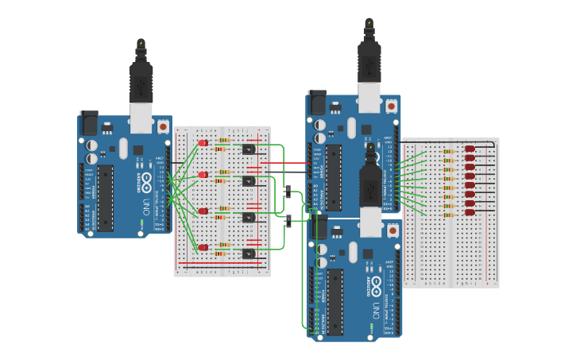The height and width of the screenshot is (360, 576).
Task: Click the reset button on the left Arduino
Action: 163,126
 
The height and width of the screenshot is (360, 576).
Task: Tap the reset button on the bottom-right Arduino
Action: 392,230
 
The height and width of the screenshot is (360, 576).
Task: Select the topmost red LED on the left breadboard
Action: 203,143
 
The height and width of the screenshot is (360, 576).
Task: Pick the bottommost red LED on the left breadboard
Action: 203,247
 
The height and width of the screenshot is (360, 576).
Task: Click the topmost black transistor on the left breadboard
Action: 248,149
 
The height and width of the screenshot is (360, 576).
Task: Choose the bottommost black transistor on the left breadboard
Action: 248,254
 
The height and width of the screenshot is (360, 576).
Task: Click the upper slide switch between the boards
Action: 288,191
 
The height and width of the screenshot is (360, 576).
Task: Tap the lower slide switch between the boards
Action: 288,220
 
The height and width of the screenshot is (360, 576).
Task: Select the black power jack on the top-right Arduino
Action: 317,101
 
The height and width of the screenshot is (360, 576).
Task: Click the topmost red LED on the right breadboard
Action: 470,149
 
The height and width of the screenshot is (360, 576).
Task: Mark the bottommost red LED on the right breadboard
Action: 470,212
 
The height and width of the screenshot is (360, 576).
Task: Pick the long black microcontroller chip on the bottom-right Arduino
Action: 334,300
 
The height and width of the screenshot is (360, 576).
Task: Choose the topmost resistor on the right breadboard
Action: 448,151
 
